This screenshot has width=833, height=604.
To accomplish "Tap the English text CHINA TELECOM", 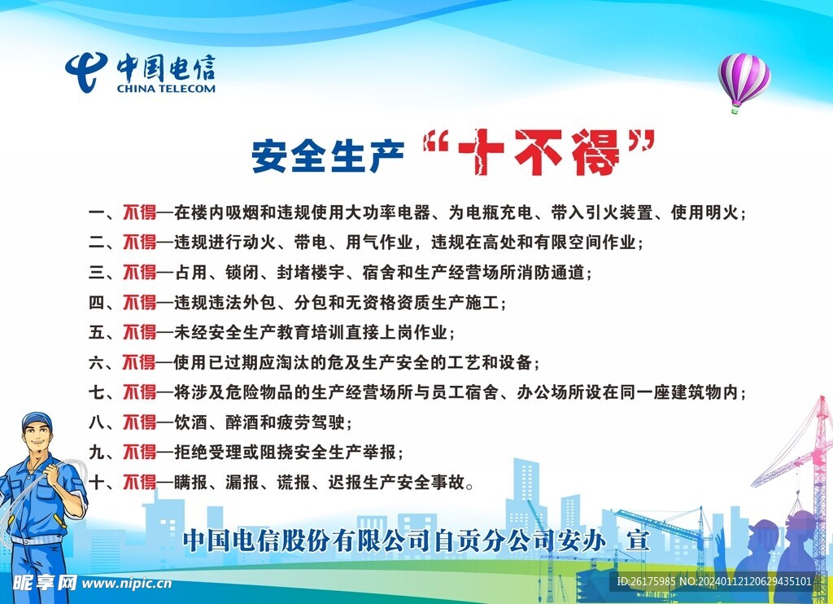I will pos(166,88).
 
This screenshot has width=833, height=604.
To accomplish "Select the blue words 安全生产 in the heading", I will pos(327,155).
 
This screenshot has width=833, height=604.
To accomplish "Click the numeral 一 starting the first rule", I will pos(96,213).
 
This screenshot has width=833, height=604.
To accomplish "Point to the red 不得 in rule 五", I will pos(139,332).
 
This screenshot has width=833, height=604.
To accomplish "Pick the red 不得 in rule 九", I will pos(139,452).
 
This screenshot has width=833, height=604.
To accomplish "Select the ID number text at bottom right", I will pos(713,581).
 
